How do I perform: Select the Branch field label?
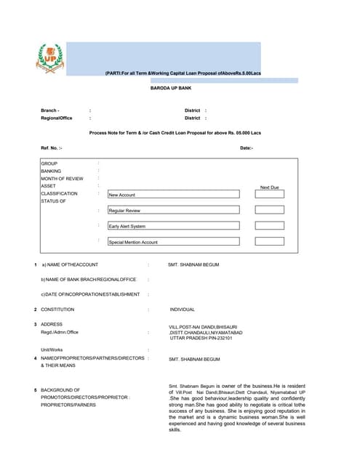50,110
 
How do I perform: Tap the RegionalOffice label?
57,118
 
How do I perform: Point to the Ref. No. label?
52,147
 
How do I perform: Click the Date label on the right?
247,147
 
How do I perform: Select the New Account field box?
173,195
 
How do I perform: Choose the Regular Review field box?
173,210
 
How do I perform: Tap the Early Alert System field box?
173,226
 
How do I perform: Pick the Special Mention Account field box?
173,242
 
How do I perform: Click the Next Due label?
269,187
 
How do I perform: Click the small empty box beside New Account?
269,195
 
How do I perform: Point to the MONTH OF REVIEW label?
63,179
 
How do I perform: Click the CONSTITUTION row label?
57,310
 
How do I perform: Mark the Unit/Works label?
52,349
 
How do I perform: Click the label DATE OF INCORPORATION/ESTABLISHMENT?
90,294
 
